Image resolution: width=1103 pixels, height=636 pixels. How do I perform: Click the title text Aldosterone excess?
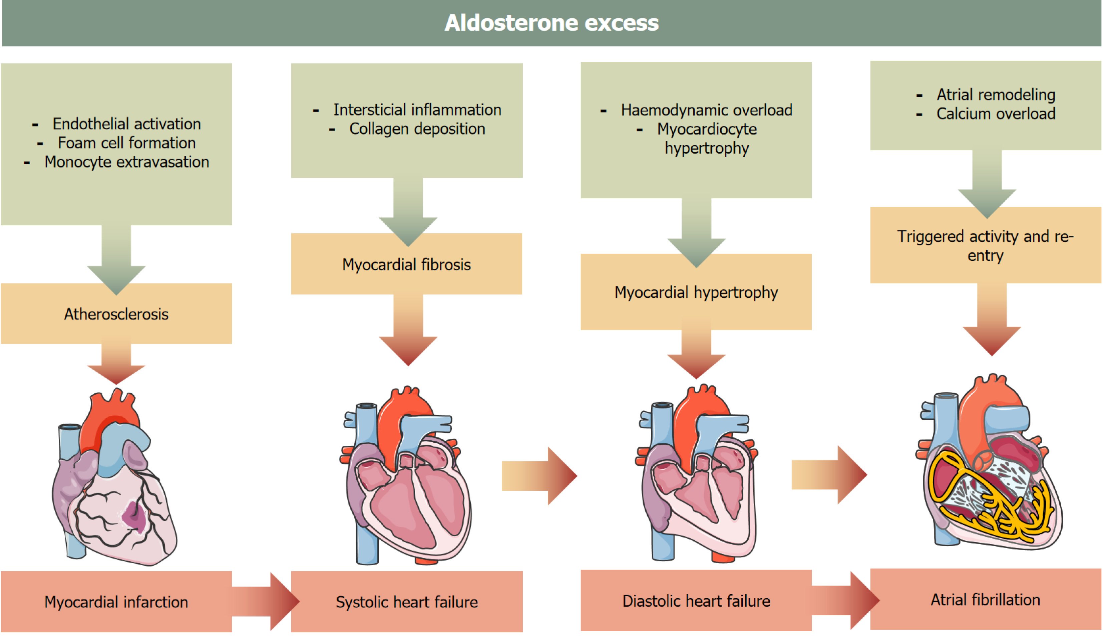(551, 23)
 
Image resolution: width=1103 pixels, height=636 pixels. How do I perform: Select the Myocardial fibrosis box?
(406, 265)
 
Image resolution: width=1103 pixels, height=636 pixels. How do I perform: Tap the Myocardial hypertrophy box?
(696, 292)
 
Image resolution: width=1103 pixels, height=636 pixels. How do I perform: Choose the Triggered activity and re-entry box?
(985, 245)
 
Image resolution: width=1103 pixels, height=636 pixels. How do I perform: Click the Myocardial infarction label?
(116, 602)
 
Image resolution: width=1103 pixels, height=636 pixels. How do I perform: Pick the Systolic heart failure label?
(406, 602)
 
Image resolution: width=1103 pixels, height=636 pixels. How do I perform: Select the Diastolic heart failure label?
(696, 601)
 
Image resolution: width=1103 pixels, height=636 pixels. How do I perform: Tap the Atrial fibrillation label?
(985, 600)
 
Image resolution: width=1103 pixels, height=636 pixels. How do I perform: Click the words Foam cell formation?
(126, 143)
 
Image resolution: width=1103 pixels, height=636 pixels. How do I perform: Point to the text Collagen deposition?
(417, 129)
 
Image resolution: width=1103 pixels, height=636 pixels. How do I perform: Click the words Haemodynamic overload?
(706, 110)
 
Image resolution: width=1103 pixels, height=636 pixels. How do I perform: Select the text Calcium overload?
(996, 114)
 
